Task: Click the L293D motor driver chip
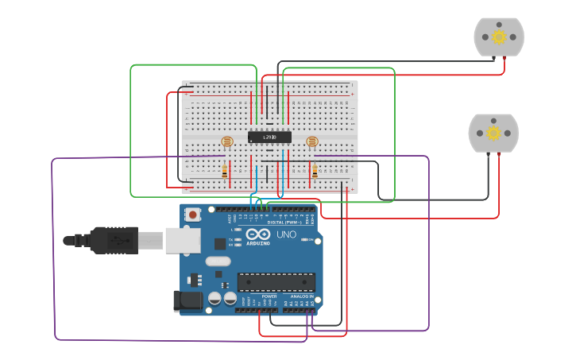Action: (x=269, y=137)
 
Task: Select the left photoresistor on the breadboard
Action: (x=227, y=141)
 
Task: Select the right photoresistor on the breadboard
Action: (x=312, y=141)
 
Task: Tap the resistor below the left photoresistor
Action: (x=226, y=170)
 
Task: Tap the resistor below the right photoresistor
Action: (x=315, y=170)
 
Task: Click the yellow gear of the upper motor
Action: (x=499, y=37)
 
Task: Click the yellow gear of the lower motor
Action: (x=493, y=133)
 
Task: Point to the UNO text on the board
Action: (x=286, y=234)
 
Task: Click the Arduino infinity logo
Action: (x=258, y=234)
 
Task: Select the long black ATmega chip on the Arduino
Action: (x=276, y=282)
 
